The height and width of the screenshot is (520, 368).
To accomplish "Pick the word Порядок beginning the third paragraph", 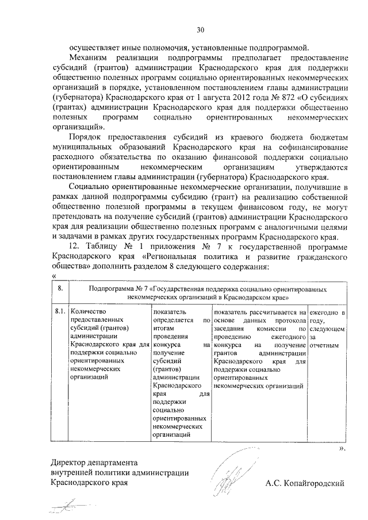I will pos(85,138).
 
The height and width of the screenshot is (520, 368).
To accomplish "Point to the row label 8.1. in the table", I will pos(60,313).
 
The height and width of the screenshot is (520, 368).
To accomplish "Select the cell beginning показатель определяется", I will pos(180,373).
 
